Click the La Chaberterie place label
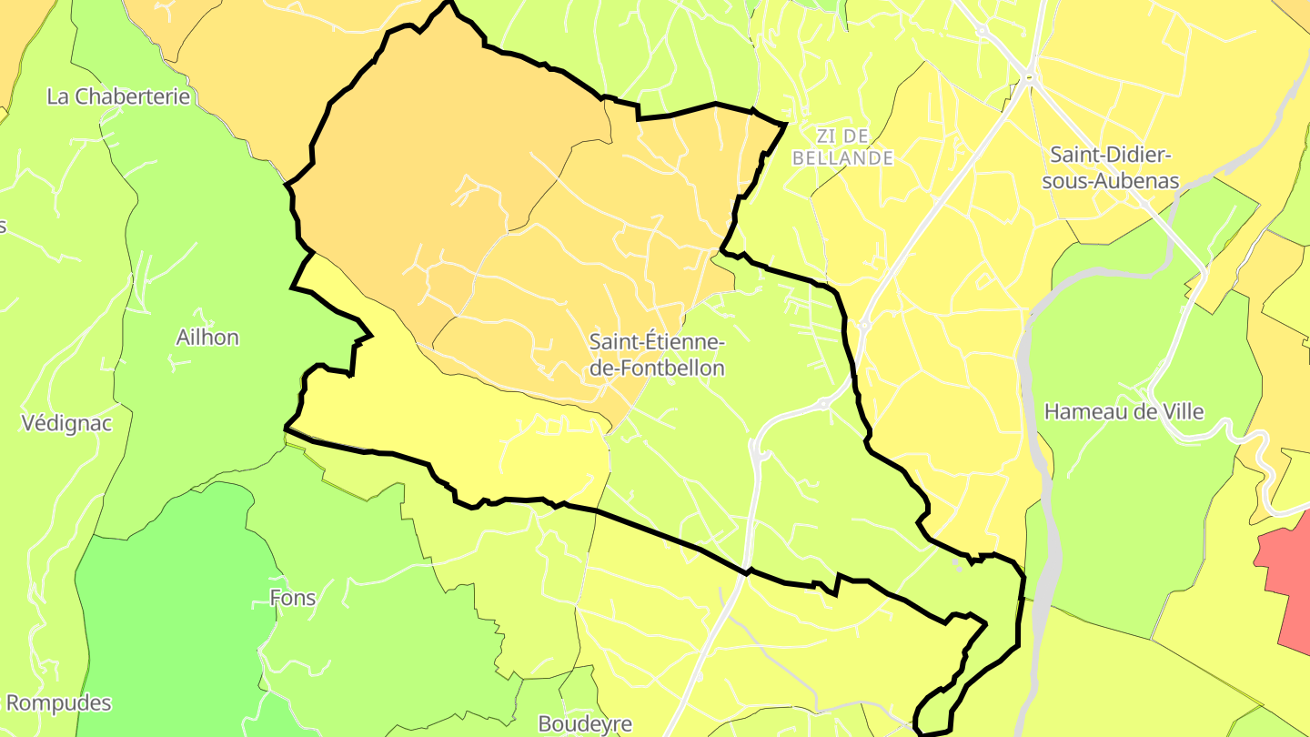118,96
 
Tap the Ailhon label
207,338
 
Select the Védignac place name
66,423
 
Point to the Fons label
293,598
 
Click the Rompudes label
58,703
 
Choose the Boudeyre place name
585,724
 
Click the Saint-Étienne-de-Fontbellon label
657,355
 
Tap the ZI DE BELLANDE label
842,147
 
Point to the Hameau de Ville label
1124,412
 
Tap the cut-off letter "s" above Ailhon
3,226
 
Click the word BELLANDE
842,158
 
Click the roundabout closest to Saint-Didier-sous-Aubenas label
1029,79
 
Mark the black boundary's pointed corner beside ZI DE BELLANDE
784,123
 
